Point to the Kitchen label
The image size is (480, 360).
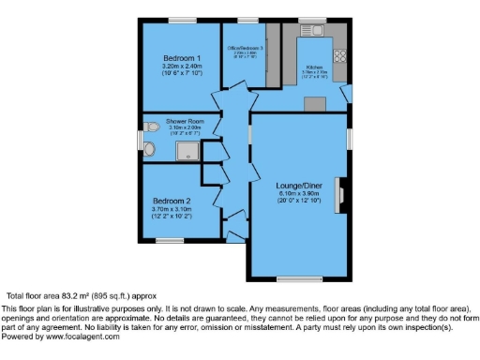pos(315,67)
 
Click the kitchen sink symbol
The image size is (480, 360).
pos(313,31)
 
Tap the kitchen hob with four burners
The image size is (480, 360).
pos(338,55)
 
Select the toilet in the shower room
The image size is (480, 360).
pos(150,127)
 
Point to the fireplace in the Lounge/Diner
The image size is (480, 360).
pos(344,193)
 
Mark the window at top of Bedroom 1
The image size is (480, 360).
pos(182,20)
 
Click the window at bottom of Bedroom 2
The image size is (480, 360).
pos(170,241)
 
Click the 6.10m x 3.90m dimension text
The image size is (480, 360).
pos(299,193)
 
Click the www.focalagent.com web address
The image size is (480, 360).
pos(78,337)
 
